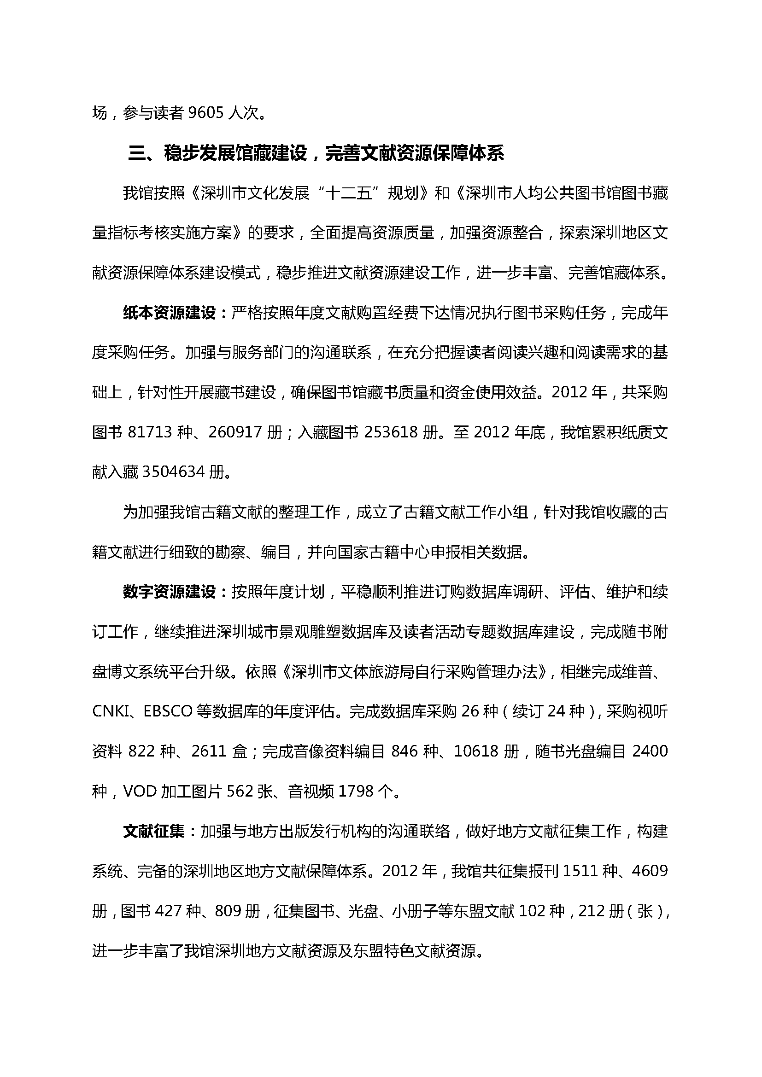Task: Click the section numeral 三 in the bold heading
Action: click(x=137, y=153)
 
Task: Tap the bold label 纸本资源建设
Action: click(x=169, y=313)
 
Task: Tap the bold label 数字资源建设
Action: click(x=169, y=592)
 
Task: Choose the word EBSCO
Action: click(x=168, y=711)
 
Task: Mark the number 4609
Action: click(x=650, y=871)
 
